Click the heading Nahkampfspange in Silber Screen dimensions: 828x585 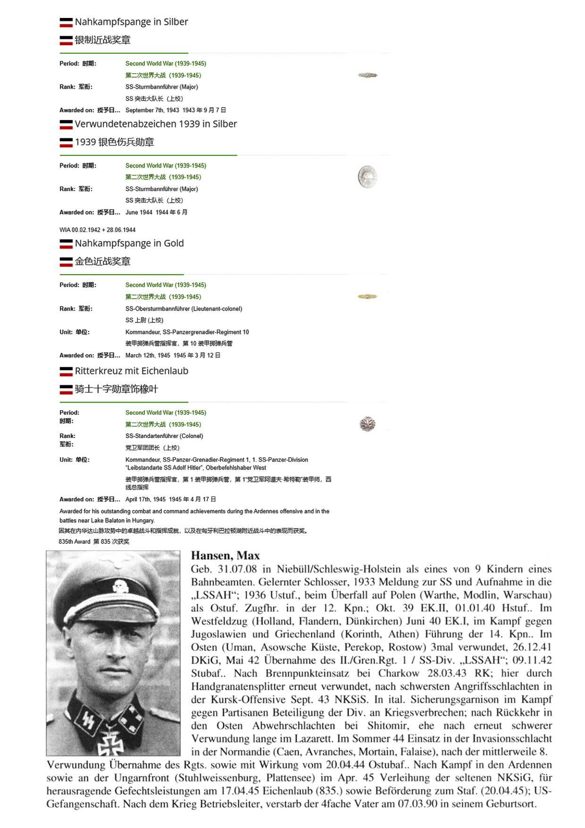[x=131, y=22]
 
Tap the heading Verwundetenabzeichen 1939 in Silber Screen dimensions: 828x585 [x=156, y=124]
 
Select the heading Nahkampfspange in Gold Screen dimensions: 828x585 [x=129, y=243]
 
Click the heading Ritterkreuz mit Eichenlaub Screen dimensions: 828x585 [x=131, y=371]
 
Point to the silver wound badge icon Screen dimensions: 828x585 [x=367, y=177]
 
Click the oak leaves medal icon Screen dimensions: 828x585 [x=367, y=423]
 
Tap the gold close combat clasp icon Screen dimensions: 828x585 [x=367, y=296]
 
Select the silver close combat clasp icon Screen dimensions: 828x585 [x=367, y=75]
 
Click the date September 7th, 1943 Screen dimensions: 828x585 [x=152, y=110]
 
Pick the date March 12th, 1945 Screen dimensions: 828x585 [x=148, y=355]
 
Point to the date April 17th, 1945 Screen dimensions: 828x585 [x=145, y=499]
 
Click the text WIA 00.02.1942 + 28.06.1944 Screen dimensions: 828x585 [x=97, y=230]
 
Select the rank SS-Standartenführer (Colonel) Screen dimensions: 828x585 [x=164, y=436]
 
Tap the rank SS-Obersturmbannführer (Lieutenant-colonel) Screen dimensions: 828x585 [x=184, y=309]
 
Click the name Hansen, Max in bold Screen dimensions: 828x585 [x=225, y=556]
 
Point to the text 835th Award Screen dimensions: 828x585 [x=75, y=542]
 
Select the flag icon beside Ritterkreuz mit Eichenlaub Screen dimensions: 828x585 [x=66, y=372]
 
